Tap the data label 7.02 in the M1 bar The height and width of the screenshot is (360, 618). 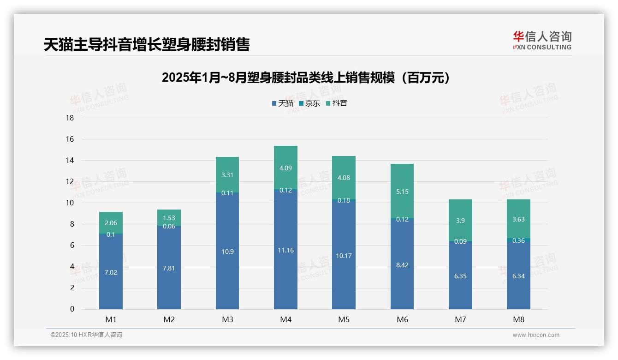(111, 272)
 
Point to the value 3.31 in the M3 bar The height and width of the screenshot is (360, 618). (227, 175)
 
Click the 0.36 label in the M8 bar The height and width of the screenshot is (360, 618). (518, 240)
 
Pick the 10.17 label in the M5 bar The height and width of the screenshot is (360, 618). (344, 256)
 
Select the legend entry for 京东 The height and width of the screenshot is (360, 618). (309, 103)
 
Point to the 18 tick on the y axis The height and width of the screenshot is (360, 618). (70, 118)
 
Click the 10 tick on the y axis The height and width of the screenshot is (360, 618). (70, 203)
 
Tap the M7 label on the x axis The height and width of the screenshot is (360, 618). (460, 319)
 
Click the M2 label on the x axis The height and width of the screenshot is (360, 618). (169, 319)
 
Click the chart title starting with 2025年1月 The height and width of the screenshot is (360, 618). (306, 78)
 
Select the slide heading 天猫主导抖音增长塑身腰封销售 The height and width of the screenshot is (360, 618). (147, 45)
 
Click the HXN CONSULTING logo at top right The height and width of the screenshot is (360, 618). (542, 41)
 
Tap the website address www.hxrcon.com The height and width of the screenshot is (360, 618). (536, 335)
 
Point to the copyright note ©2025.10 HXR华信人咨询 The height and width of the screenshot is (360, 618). (86, 335)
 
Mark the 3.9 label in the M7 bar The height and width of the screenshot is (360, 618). (460, 221)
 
